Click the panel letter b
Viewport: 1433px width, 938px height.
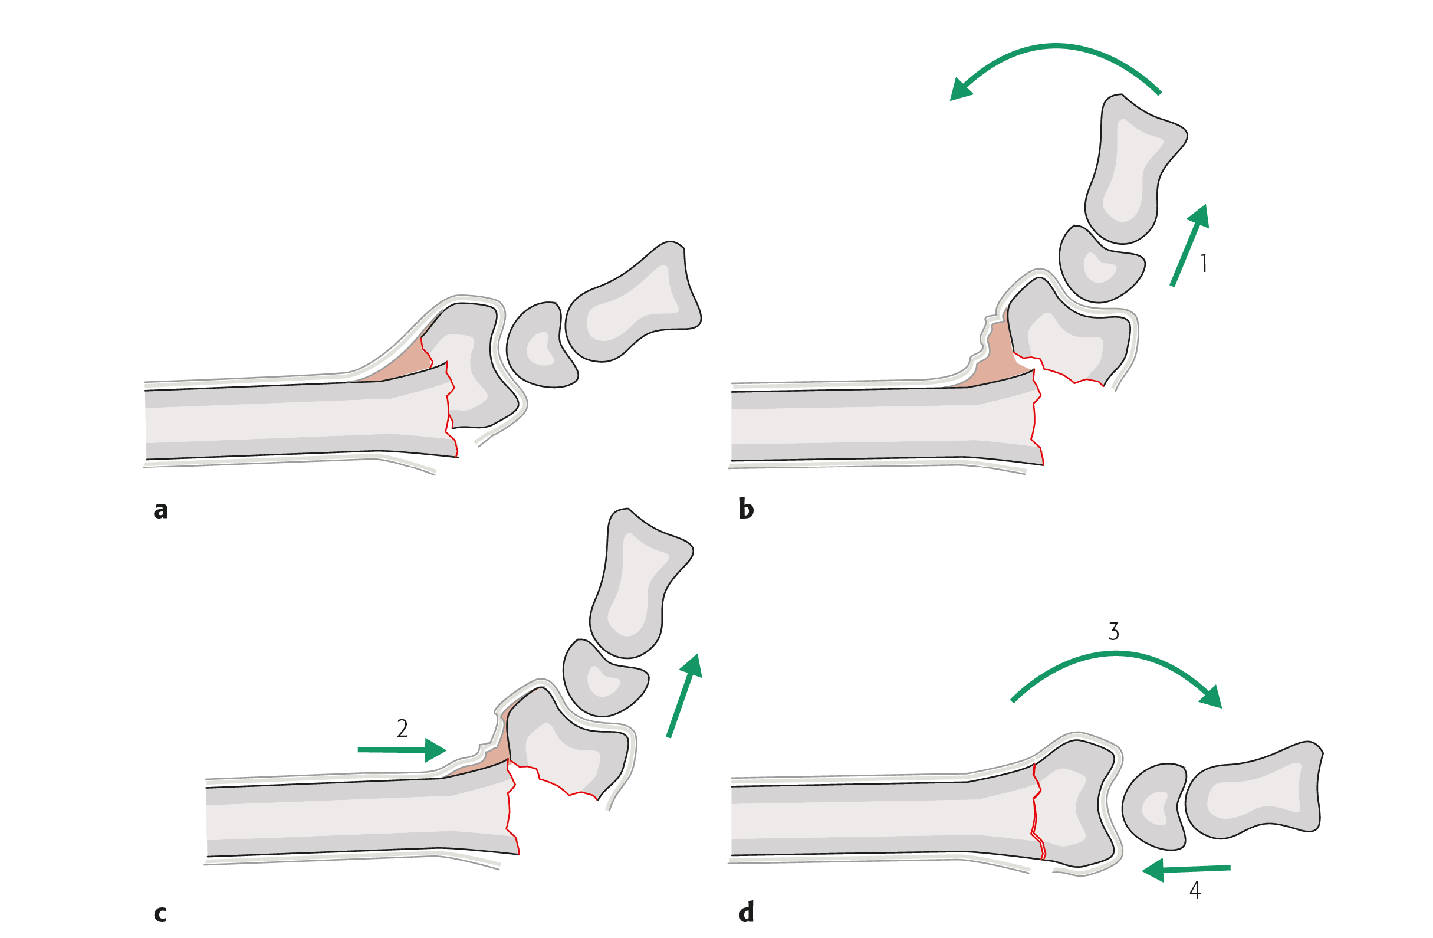coord(746,509)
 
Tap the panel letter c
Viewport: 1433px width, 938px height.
coord(160,914)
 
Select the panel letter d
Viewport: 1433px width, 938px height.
coord(746,913)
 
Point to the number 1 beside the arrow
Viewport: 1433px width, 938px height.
coord(1204,263)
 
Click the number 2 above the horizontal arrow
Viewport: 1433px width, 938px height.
coord(402,729)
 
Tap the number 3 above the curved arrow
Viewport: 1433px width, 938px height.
coord(1113,631)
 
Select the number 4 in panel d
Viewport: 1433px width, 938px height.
coord(1195,890)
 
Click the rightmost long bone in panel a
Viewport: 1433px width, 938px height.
coord(632,307)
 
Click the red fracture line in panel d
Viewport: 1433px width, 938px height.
coord(1035,814)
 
